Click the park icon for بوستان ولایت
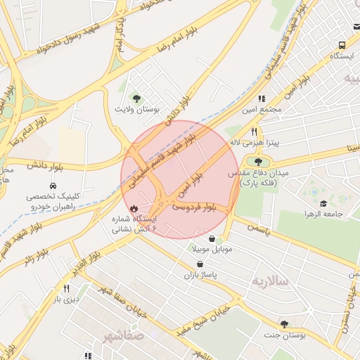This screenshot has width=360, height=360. (x=136, y=98)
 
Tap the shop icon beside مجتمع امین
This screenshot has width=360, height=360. (x=262, y=98)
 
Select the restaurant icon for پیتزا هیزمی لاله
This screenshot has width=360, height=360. (x=254, y=131)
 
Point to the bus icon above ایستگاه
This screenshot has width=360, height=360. (x=341, y=44)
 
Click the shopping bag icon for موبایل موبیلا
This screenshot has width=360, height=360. (x=212, y=239)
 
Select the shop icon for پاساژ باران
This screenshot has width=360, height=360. (x=200, y=264)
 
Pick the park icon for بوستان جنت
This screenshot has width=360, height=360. (x=284, y=324)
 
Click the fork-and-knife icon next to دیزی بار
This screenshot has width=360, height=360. (x=67, y=288)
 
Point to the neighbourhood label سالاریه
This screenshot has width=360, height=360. (x=270, y=281)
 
